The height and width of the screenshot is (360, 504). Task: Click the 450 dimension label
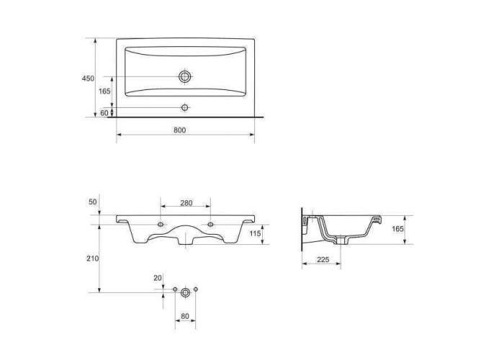[88, 78]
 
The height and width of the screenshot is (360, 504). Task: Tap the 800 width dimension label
[180, 130]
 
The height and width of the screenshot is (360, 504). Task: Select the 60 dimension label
[104, 113]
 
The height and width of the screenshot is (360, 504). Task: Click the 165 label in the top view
[104, 91]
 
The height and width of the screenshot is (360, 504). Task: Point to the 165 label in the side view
[397, 229]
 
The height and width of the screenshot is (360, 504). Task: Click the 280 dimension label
[186, 203]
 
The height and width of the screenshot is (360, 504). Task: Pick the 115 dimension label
[255, 234]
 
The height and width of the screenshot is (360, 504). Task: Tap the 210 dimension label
[93, 258]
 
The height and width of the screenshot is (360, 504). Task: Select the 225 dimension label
[323, 259]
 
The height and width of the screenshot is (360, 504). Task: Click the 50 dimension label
[93, 202]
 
